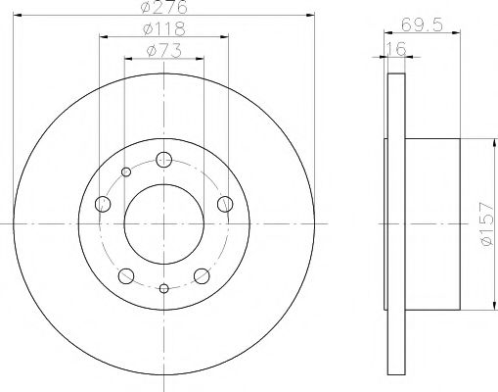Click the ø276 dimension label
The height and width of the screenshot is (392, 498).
click(x=164, y=9)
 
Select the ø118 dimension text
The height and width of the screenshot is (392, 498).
click(x=163, y=30)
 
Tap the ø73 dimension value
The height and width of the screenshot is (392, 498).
click(x=163, y=52)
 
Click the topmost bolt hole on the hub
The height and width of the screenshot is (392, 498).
click(x=163, y=160)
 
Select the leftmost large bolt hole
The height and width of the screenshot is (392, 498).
click(x=103, y=204)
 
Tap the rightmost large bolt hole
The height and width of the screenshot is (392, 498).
click(x=225, y=204)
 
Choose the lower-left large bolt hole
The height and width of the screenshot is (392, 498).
click(x=126, y=275)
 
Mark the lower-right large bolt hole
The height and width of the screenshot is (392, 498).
click(x=202, y=275)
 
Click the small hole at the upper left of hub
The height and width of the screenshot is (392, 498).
click(x=126, y=173)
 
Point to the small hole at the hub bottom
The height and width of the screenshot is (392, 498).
click(x=163, y=288)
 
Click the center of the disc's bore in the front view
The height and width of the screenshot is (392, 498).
click(x=163, y=224)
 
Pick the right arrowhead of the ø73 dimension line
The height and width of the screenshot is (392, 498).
click(x=201, y=59)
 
